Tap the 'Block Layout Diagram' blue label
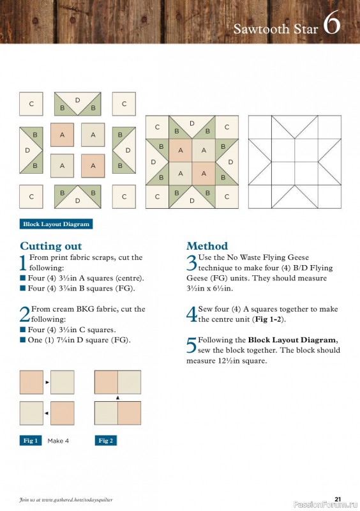[56, 224]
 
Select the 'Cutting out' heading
[50, 246]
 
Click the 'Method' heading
[207, 246]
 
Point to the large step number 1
[24, 263]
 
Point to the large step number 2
[25, 314]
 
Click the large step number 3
[191, 263]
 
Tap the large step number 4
[191, 314]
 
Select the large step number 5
[191, 346]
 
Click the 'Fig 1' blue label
[30, 441]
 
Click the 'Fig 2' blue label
[105, 441]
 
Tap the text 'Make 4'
[58, 441]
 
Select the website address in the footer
[66, 499]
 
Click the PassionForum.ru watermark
[324, 506]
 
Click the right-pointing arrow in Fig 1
[47, 382]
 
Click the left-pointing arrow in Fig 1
[47, 413]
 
